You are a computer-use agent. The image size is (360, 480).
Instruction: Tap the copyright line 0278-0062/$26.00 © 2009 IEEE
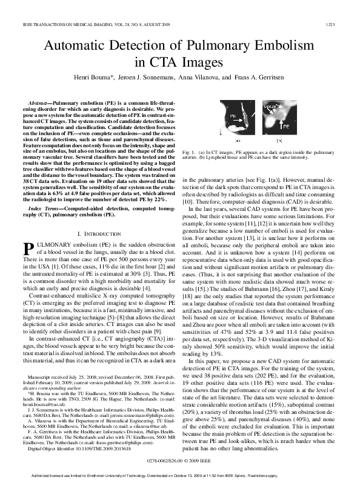tap(180, 461)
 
